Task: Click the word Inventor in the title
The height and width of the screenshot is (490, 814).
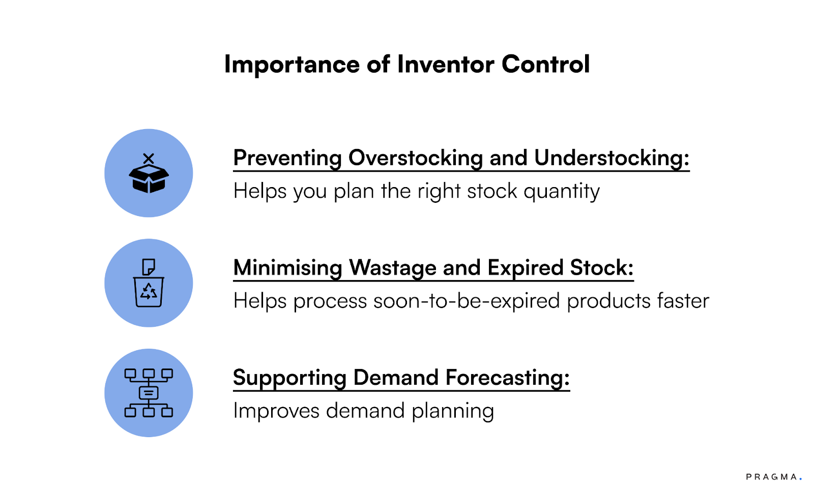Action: point(446,64)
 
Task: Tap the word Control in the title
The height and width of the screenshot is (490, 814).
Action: point(545,64)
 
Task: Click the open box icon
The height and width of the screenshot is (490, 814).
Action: point(149,178)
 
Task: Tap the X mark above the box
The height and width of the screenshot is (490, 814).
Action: point(149,159)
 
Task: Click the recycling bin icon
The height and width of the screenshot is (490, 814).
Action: point(149,292)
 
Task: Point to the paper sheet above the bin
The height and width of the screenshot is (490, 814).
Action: point(149,267)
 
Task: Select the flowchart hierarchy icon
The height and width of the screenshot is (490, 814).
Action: point(149,393)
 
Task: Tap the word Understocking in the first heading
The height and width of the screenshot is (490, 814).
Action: point(612,158)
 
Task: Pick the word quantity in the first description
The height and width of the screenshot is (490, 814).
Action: point(562,192)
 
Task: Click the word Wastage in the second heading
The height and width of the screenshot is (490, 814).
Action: point(392,268)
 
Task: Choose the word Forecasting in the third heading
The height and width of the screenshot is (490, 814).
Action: point(508,378)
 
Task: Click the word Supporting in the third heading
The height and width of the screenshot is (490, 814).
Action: point(289,378)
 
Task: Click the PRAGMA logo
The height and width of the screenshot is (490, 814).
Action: point(774,477)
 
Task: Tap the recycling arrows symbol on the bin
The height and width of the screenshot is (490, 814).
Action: point(149,291)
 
